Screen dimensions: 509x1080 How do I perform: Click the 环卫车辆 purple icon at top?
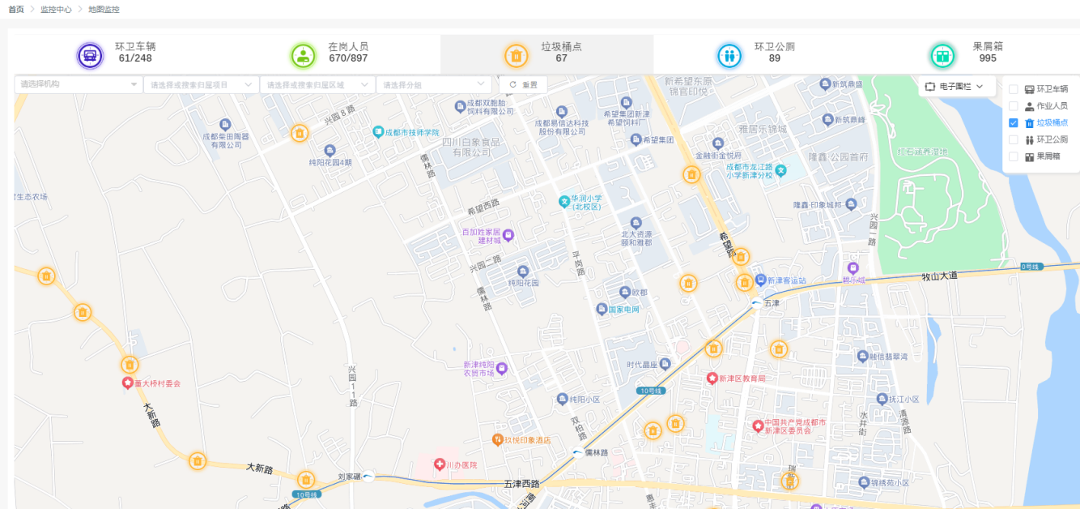pos(90,55)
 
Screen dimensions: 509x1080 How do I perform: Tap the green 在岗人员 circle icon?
pos(304,55)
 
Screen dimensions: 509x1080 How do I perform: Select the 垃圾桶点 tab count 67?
pos(561,58)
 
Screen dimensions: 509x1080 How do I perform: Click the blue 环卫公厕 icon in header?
pos(729,55)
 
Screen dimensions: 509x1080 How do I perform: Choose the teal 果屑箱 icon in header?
pos(942,55)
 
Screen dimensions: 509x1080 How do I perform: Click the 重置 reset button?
pos(523,84)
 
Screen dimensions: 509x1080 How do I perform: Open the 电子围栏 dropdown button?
pos(957,86)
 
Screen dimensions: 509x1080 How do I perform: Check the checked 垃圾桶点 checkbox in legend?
pos(1013,123)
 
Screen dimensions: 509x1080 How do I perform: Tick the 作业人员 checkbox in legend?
pos(1013,106)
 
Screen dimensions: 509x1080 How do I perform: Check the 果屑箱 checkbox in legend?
pos(1013,156)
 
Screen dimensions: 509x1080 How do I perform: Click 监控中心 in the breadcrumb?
pos(56,9)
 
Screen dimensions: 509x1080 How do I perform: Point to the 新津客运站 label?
pos(786,280)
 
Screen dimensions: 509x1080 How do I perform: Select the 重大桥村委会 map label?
pos(157,383)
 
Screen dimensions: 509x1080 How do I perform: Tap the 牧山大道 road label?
pos(939,276)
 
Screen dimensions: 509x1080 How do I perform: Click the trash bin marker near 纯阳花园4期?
pos(300,133)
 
